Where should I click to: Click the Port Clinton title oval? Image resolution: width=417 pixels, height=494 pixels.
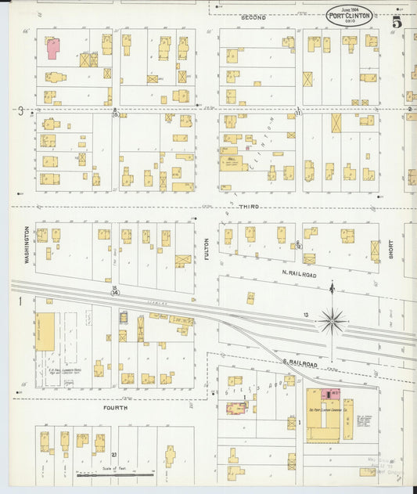coord(350,16)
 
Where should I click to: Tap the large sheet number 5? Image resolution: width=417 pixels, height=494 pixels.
coord(397,22)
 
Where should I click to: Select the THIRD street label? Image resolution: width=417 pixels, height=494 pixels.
coord(249,207)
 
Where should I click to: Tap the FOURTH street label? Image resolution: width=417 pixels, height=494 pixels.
coord(115,408)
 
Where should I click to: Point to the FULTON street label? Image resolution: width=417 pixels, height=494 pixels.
coord(207,248)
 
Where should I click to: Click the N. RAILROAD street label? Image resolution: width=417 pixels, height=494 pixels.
coord(299,274)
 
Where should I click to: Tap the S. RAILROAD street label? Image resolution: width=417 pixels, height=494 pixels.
coord(299,364)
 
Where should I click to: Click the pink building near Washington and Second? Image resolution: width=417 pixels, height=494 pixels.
coord(52,49)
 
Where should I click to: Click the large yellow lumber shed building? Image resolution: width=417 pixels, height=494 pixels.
coord(45,331)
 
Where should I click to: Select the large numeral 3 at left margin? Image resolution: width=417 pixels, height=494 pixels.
coord(21,111)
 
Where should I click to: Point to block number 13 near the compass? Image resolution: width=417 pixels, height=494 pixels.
coord(307,316)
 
